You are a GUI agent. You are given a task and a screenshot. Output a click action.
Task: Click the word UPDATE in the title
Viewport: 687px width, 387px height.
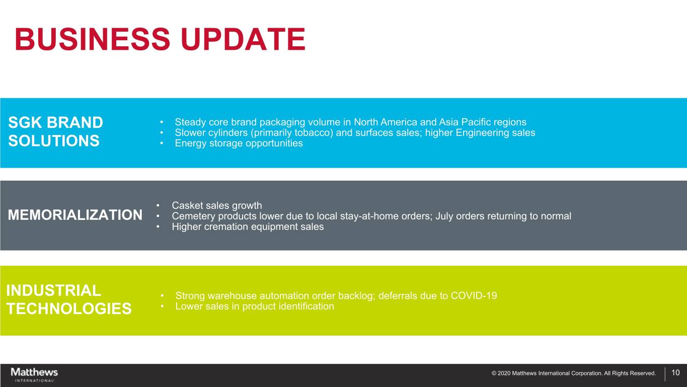coord(243,39)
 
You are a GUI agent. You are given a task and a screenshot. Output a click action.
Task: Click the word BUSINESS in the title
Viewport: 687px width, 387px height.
coord(92,39)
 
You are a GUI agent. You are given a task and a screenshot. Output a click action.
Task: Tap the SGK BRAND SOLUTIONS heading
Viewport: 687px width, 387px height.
coord(55,131)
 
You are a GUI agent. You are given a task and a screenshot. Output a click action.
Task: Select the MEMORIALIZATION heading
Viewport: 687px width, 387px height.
coord(75,215)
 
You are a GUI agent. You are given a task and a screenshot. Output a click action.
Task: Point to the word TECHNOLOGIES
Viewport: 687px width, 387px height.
coord(69,308)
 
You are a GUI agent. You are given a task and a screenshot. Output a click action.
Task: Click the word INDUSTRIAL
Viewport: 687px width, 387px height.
coord(54,290)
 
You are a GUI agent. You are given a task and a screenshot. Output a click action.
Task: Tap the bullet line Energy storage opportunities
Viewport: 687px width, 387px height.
coord(239,143)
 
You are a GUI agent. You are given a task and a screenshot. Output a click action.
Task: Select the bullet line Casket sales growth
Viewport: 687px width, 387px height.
coord(217,205)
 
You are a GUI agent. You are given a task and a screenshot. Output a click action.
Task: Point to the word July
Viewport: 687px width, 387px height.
coord(444,216)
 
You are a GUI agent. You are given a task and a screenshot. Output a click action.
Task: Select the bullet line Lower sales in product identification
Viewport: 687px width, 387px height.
coord(255,306)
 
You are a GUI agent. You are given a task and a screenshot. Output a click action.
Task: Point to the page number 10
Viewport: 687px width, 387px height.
coord(675,373)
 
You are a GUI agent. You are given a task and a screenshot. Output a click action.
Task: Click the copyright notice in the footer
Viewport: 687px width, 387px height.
coord(574,373)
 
